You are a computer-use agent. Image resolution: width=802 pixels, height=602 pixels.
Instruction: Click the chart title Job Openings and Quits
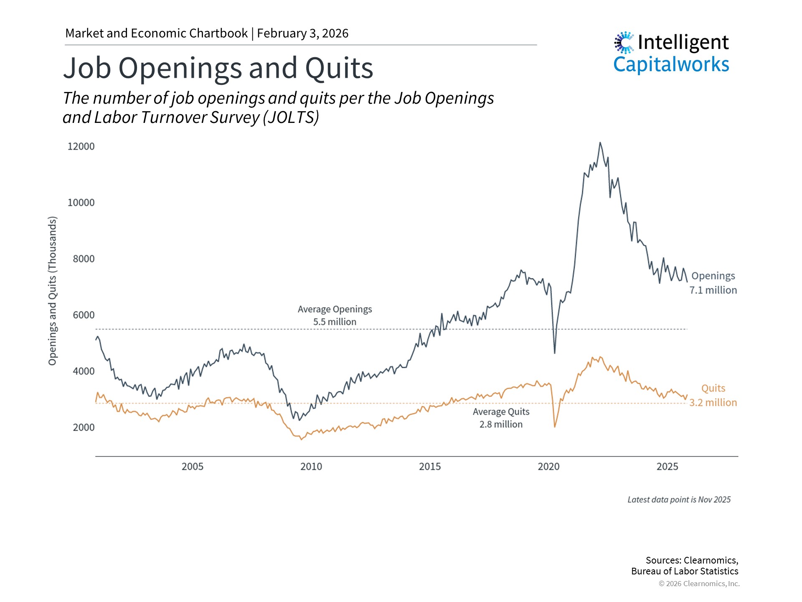[218, 68]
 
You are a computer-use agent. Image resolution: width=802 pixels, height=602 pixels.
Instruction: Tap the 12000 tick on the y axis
[81, 147]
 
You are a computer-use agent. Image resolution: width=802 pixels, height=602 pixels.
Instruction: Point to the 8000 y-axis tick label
[84, 259]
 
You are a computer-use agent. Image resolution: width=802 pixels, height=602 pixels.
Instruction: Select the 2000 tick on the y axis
[84, 428]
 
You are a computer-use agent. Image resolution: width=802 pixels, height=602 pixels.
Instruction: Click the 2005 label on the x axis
[193, 467]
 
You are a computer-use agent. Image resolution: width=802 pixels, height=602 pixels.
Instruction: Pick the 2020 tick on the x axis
[548, 467]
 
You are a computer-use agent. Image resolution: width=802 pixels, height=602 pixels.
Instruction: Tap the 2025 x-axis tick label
[667, 467]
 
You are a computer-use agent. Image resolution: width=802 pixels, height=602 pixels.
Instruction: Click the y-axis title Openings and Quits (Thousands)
[52, 291]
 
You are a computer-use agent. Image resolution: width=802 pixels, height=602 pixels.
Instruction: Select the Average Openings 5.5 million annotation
[335, 316]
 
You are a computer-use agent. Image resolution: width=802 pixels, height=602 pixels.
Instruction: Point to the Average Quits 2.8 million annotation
[501, 418]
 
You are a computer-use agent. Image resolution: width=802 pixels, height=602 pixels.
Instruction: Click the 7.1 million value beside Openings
[713, 290]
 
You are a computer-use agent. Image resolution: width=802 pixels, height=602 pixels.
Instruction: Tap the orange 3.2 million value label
[713, 403]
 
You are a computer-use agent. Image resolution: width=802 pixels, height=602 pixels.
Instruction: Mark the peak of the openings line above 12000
[600, 143]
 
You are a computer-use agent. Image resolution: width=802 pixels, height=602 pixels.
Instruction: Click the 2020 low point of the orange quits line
[555, 427]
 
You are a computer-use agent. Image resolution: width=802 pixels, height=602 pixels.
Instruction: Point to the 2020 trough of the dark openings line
[555, 353]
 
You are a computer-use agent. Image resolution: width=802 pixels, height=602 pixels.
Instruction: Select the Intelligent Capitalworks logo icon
[624, 43]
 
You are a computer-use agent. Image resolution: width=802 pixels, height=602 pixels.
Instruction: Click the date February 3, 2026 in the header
[302, 33]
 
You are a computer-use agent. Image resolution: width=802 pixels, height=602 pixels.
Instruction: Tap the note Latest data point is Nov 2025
[679, 500]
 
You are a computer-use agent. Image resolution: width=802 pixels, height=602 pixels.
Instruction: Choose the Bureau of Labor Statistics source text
[685, 571]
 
